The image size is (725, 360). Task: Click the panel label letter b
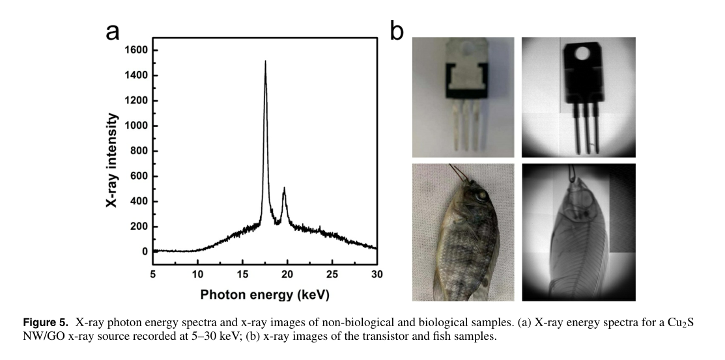point(397,31)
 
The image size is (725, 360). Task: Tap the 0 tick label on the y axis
point(145,251)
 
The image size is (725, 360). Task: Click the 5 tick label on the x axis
point(152,273)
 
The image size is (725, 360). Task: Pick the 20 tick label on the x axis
point(287,273)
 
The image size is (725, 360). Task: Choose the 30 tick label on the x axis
point(377,273)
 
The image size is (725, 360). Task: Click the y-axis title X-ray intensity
point(112,159)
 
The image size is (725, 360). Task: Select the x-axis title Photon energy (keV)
point(264,294)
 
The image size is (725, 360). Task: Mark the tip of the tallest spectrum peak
point(265,62)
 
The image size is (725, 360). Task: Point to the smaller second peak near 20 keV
point(284,188)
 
